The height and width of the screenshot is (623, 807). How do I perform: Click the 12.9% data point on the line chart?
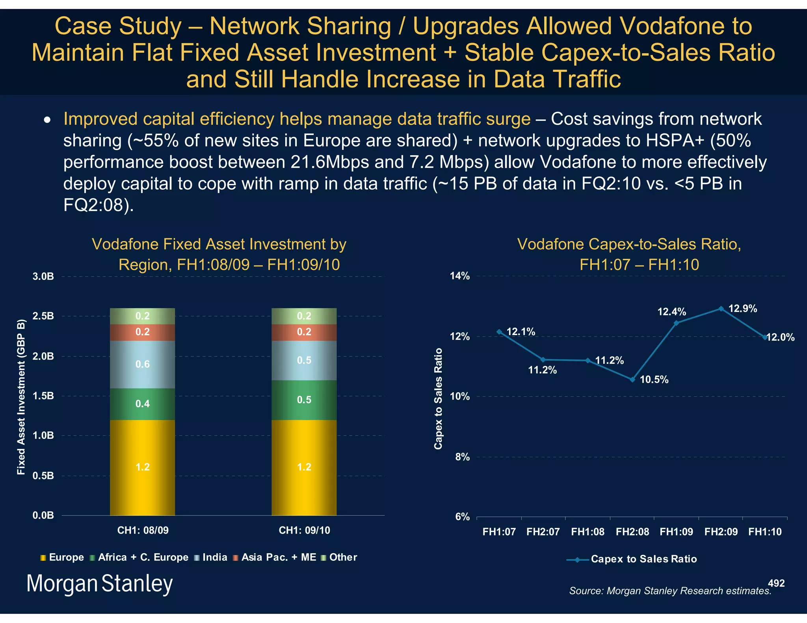[721, 309]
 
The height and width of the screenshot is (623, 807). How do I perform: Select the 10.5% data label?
[654, 380]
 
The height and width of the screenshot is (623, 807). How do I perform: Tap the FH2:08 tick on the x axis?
[632, 532]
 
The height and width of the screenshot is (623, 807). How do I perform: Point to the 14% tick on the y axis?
[460, 276]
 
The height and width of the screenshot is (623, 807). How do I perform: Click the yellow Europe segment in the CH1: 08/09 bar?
[142, 467]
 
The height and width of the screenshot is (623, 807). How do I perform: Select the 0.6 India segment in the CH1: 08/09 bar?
[142, 364]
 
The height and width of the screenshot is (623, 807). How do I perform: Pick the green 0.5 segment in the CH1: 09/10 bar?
[304, 400]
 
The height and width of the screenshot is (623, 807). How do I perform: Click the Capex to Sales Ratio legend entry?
[643, 559]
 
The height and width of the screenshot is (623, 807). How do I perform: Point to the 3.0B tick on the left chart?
[43, 276]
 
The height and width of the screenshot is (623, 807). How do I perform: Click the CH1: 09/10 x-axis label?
[304, 530]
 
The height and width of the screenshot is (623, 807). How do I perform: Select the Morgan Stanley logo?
[99, 584]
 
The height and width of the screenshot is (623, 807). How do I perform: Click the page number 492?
[776, 583]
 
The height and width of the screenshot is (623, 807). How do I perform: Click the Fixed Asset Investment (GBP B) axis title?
[21, 397]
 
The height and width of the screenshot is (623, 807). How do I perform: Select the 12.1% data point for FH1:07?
[499, 332]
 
